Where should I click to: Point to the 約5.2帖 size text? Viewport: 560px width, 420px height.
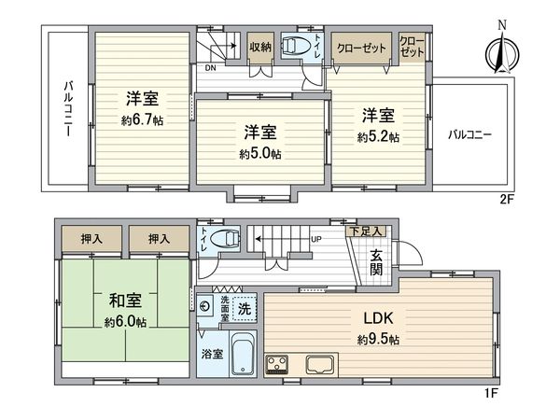tap(378, 137)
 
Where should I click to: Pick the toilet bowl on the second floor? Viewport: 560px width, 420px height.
tap(296, 46)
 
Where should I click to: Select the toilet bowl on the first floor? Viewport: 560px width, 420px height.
tap(225, 238)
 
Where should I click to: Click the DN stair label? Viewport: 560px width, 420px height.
tap(212, 67)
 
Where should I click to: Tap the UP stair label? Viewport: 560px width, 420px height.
tap(315, 239)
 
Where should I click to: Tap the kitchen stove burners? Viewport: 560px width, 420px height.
tap(279, 362)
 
